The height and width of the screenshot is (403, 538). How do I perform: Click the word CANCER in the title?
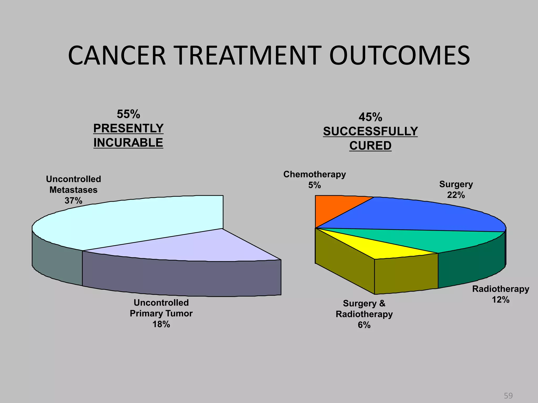click(x=117, y=56)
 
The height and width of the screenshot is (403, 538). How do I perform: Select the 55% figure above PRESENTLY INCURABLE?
click(x=128, y=114)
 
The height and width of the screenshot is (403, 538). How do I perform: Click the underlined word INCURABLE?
click(x=128, y=143)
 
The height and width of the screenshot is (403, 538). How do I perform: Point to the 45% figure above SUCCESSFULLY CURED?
click(x=370, y=117)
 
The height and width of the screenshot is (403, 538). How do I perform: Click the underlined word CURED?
click(x=370, y=146)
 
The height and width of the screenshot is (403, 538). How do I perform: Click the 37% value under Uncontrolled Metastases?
click(x=73, y=201)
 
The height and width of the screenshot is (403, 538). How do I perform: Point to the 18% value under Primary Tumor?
click(x=161, y=324)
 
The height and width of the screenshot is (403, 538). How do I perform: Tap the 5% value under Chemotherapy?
click(x=314, y=185)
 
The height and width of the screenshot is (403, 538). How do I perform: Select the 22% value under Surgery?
click(x=456, y=195)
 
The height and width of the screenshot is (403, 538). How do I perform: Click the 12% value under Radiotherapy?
click(x=500, y=300)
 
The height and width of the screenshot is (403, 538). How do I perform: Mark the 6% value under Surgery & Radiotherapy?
click(x=364, y=325)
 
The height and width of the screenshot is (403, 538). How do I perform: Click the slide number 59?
click(x=508, y=396)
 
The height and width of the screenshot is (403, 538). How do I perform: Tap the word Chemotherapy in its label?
click(x=314, y=174)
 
